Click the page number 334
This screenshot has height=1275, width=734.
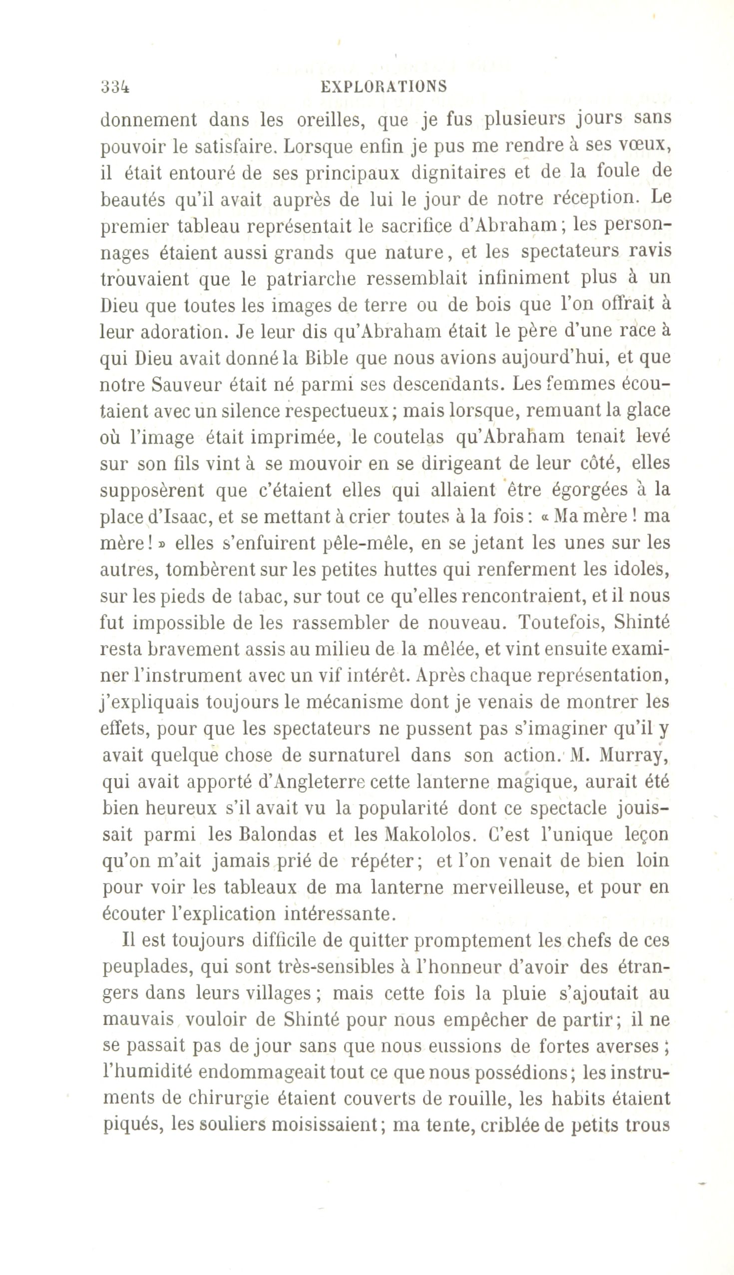click(x=115, y=87)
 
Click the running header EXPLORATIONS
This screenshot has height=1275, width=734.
click(x=383, y=87)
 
